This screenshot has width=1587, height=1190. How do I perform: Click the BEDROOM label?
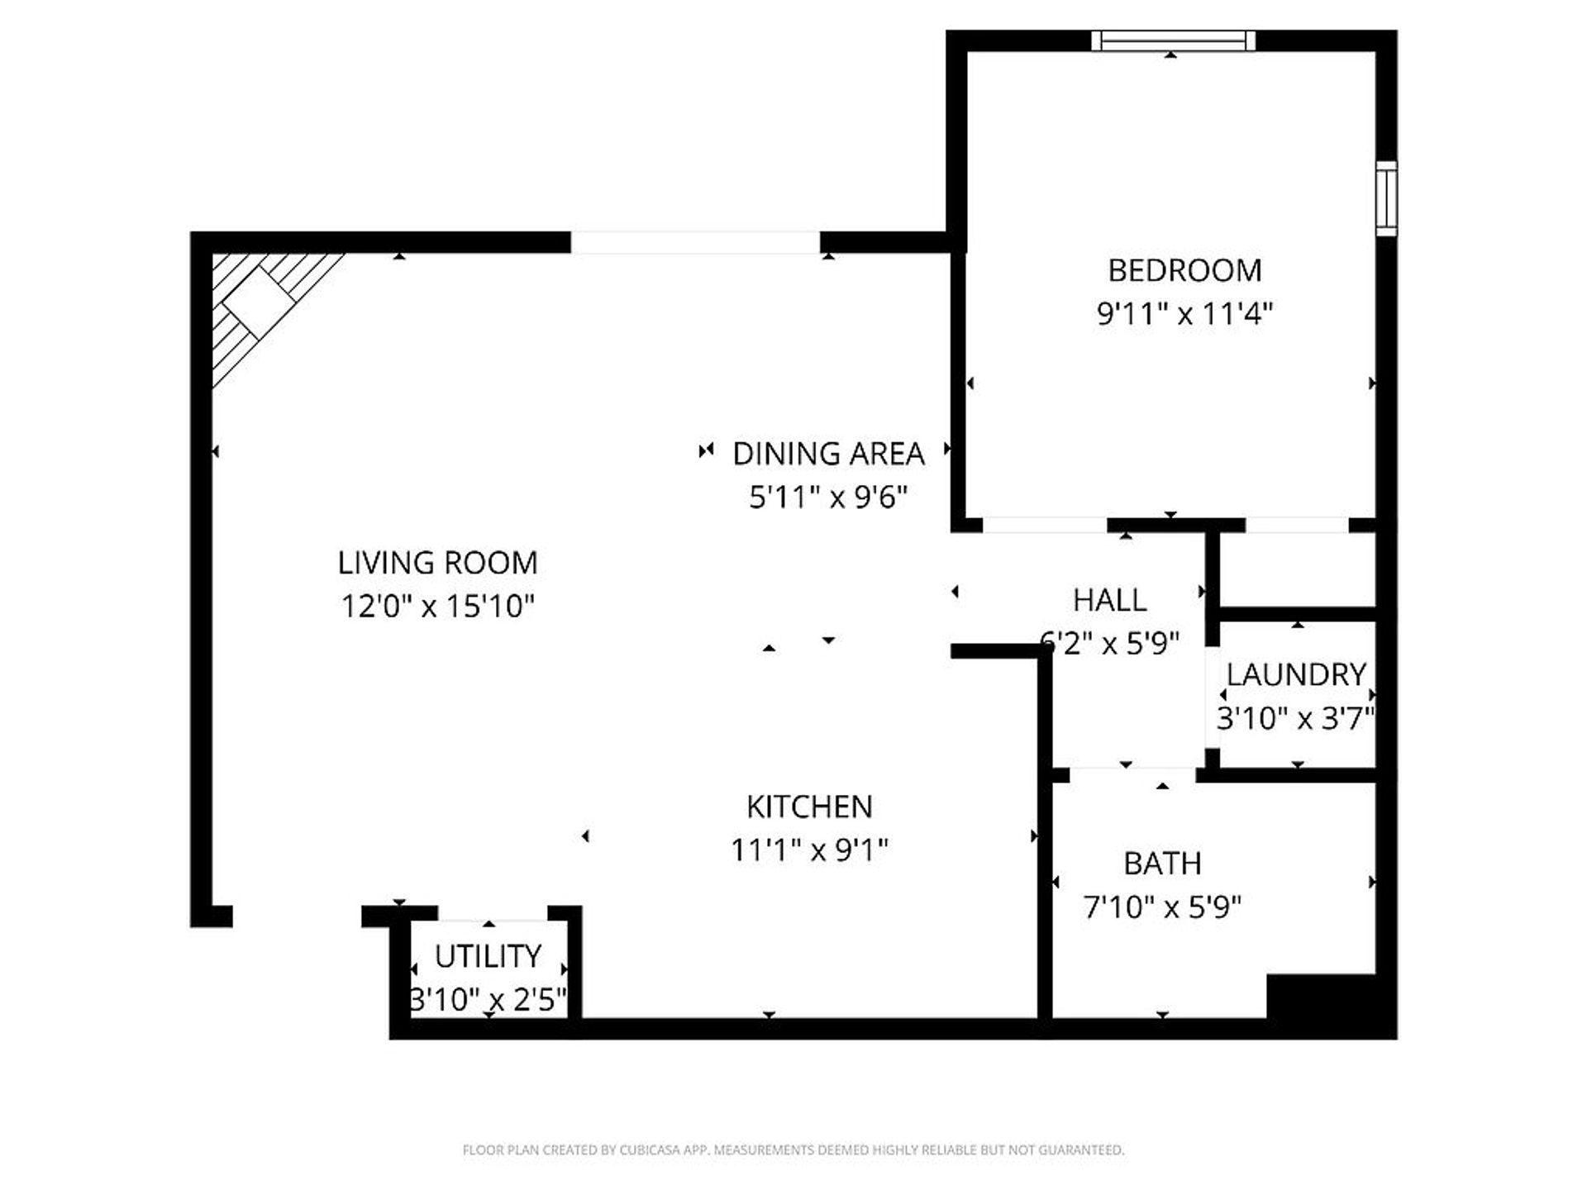coord(1184,270)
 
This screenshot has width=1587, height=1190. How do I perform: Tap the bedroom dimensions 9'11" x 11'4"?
coord(1184,314)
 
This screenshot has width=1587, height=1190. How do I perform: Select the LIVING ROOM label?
coord(437,563)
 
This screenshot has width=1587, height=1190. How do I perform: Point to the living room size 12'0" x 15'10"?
coord(437,607)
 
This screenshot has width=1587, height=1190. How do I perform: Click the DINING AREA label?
coord(828,454)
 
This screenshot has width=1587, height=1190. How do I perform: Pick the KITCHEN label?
coord(809,807)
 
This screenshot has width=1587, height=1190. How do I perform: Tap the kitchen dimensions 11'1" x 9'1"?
coord(809,850)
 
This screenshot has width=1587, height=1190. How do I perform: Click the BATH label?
coord(1162,864)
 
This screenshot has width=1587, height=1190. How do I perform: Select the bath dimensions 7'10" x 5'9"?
coord(1162,907)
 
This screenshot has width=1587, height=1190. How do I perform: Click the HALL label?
coord(1109,600)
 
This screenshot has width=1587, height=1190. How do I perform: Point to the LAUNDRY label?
coord(1295,674)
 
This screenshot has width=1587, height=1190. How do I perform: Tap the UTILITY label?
coord(488,956)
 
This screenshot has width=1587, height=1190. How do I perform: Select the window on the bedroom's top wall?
coord(1173,40)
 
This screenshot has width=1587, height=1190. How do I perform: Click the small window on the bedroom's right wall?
coord(1386,199)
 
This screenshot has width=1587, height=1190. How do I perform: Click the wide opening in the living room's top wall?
coord(695,242)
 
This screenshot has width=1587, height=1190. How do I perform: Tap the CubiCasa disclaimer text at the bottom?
coord(793,1150)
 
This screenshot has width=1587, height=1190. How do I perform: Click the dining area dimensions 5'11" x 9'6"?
coord(828,497)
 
